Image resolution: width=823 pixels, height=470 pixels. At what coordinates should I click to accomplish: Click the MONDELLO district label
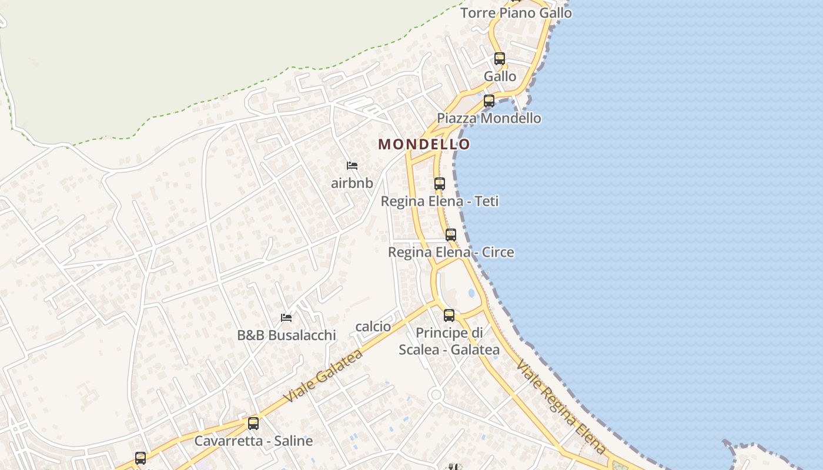424,144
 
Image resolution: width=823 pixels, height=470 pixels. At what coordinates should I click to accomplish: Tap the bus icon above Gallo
500,59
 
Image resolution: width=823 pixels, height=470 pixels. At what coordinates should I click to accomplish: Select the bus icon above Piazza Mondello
489,101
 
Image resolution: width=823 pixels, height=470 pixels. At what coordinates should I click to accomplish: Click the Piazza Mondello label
489,118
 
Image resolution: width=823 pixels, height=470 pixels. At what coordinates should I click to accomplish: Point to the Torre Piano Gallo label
516,12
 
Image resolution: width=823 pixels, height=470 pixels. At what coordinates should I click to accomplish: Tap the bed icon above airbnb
352,166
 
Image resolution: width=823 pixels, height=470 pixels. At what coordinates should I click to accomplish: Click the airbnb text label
352,183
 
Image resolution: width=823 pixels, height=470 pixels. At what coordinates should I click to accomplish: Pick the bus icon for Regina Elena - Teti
440,184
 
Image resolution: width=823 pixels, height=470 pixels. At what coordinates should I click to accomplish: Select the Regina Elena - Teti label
440,201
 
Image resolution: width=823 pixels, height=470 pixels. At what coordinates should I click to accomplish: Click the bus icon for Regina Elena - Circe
451,235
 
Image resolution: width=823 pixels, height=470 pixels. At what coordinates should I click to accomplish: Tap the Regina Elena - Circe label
451,252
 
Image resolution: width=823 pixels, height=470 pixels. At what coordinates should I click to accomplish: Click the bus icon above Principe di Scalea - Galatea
449,315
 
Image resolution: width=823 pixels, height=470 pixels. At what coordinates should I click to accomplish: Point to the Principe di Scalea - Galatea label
449,341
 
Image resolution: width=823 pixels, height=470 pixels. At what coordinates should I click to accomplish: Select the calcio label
373,326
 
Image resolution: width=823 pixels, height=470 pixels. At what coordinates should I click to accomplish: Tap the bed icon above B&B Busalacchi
286,318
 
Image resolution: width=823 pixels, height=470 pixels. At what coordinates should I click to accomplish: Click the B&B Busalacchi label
286,335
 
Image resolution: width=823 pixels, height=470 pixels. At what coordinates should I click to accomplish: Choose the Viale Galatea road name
323,376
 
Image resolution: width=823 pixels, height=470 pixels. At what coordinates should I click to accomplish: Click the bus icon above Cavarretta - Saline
253,424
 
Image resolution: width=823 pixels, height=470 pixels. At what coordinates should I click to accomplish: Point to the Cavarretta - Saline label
253,441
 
